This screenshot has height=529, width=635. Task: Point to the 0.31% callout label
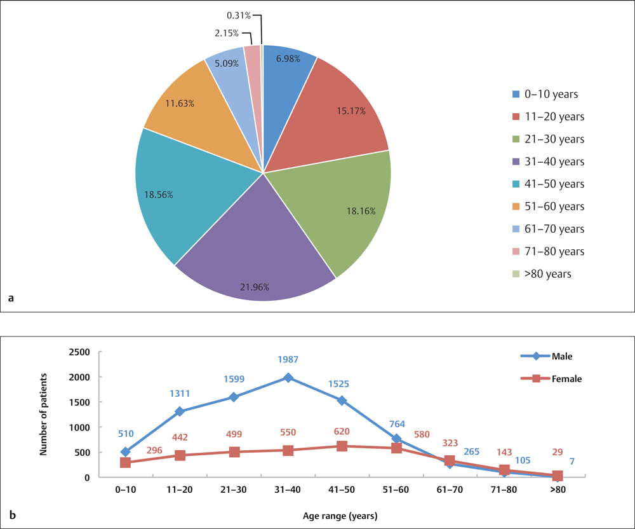(x=239, y=14)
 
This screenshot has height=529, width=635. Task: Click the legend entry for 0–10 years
(x=545, y=94)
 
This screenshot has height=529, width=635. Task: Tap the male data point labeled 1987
(x=288, y=378)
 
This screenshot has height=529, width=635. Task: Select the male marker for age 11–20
(x=180, y=411)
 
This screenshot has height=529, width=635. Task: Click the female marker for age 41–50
(x=342, y=446)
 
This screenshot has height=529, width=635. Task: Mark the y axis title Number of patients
(x=44, y=414)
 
